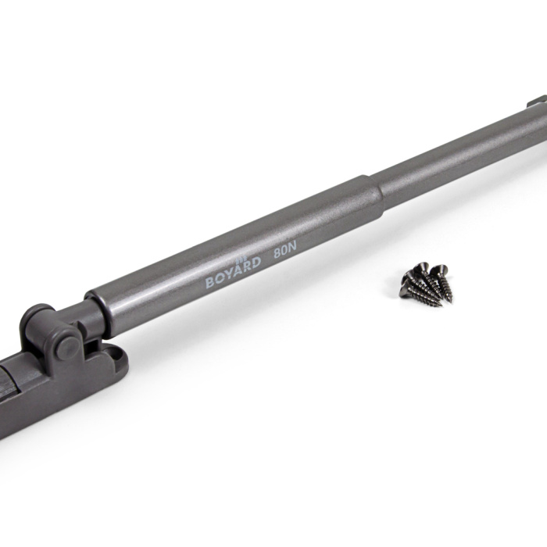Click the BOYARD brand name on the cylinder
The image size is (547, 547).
point(233,272)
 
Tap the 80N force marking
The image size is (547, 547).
point(284,250)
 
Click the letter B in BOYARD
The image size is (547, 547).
point(209,282)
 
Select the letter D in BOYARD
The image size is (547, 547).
point(256,263)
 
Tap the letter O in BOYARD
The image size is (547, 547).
point(219,278)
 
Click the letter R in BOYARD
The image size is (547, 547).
point(247,267)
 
